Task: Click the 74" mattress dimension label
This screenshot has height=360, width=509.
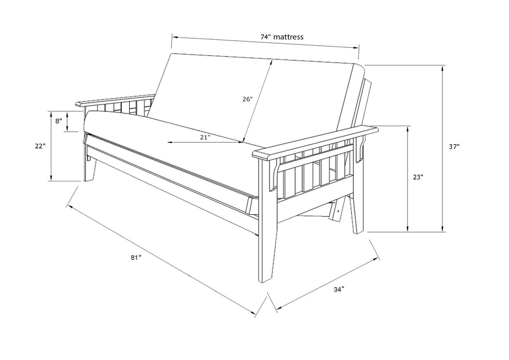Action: pyautogui.click(x=282, y=37)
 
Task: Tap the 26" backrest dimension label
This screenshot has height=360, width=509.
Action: pyautogui.click(x=248, y=99)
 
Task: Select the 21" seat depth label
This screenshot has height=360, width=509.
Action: pyautogui.click(x=205, y=137)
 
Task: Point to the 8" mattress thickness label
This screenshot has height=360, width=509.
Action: pyautogui.click(x=59, y=121)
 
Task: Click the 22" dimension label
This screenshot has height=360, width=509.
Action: pyautogui.click(x=40, y=146)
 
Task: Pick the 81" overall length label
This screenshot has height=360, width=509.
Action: pyautogui.click(x=136, y=258)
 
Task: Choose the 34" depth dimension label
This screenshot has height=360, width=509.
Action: pyautogui.click(x=339, y=289)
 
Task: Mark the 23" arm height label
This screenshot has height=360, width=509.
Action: pyautogui.click(x=418, y=177)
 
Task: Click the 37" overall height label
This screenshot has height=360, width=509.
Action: pyautogui.click(x=454, y=146)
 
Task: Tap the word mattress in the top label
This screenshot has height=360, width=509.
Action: pyautogui.click(x=289, y=37)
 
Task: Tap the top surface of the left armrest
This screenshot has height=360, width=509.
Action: pyautogui.click(x=115, y=99)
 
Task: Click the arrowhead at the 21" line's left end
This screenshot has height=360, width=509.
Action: pyautogui.click(x=170, y=142)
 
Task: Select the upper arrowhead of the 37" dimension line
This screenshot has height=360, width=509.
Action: pyautogui.click(x=442, y=68)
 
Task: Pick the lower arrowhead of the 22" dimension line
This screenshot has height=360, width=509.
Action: pyautogui.click(x=51, y=178)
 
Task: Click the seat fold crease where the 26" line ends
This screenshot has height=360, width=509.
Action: pyautogui.click(x=242, y=142)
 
